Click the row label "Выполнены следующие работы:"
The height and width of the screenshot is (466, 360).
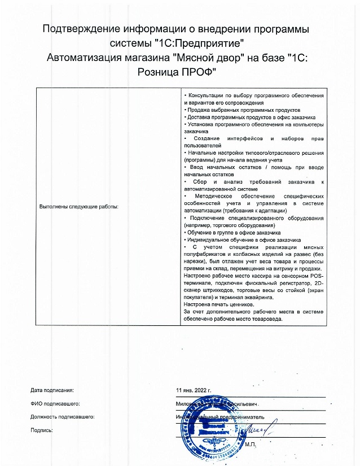pyautogui.click(x=78, y=207)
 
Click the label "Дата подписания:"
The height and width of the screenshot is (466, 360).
pyautogui.click(x=52, y=390)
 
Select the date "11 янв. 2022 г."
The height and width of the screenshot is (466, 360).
pyautogui.click(x=194, y=390)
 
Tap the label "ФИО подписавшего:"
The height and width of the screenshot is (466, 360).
pyautogui.click(x=55, y=404)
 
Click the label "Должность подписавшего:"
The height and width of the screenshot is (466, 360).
pyautogui.click(x=62, y=417)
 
